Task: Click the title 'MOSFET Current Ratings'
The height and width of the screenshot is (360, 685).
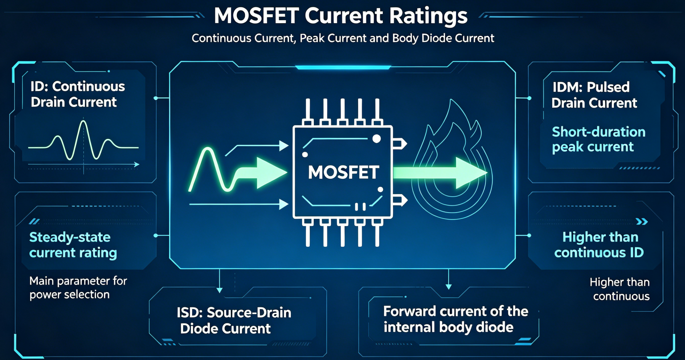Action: coord(341,16)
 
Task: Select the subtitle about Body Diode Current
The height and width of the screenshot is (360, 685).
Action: coord(343,38)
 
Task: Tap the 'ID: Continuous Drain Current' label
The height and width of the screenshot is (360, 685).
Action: coord(78,94)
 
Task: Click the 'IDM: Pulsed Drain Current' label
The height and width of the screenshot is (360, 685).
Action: coord(594,95)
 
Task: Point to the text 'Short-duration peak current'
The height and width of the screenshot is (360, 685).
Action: coord(598,139)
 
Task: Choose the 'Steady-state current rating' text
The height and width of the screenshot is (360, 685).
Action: coord(73,245)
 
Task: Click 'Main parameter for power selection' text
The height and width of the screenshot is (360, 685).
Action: coord(78,288)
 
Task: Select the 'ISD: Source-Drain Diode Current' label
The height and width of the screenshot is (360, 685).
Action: coord(234,320)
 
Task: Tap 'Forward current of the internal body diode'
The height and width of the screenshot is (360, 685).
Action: coord(456,319)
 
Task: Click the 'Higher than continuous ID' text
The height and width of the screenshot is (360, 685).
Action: coord(599,245)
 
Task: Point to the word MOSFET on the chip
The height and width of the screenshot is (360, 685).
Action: coord(343,172)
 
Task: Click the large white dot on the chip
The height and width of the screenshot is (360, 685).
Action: coord(377,139)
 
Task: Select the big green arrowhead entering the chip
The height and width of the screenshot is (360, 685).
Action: coord(271,173)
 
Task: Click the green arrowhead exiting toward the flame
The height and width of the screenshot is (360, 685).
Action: coord(471,173)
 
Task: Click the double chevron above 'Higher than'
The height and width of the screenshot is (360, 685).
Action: coord(642,221)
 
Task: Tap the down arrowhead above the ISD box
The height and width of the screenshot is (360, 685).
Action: coord(219,290)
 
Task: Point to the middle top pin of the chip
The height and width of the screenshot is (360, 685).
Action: coord(342,112)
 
